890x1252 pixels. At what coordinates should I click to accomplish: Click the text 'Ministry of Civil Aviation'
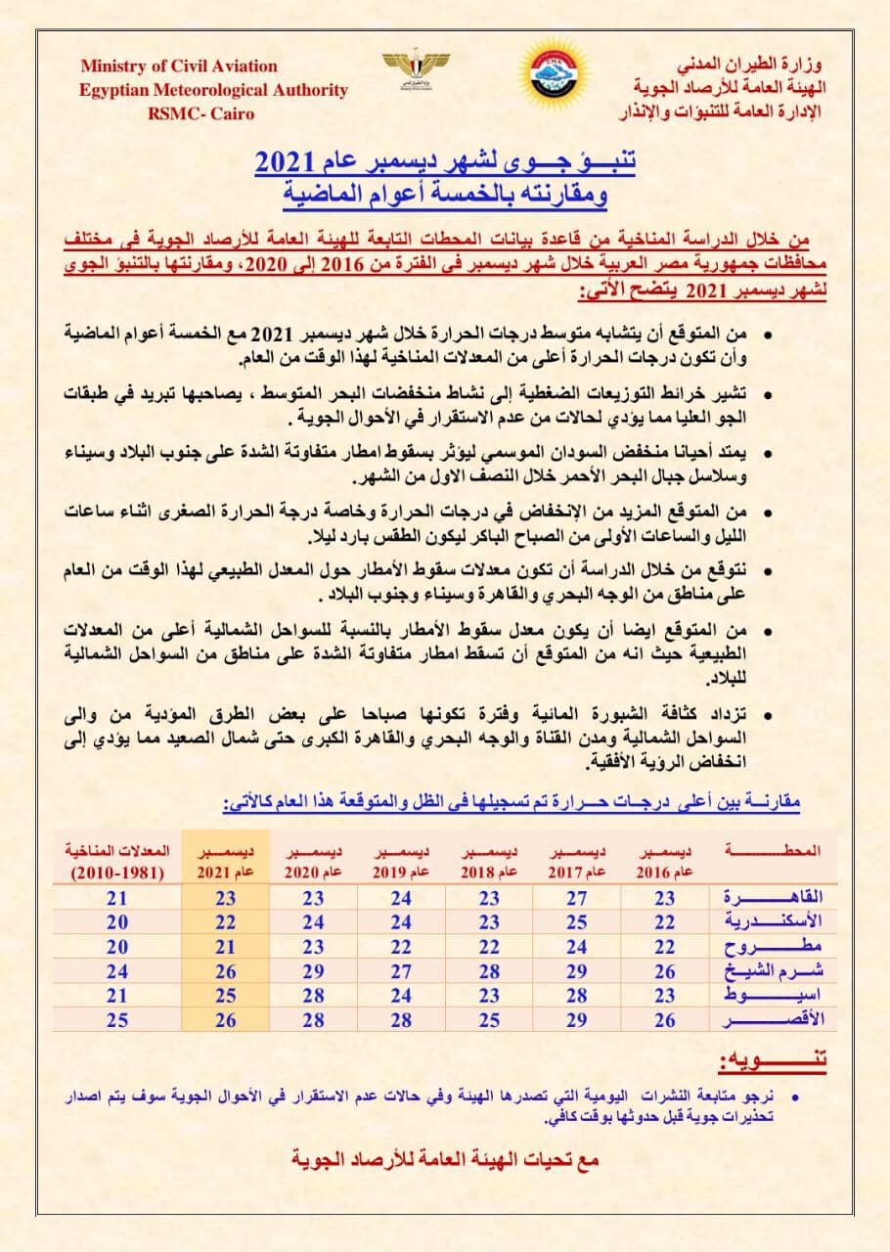(179, 67)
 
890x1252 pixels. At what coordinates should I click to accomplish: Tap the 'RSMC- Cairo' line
(200, 113)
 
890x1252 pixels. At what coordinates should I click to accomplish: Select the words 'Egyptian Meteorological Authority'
(214, 90)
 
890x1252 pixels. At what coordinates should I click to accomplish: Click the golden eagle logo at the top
(409, 68)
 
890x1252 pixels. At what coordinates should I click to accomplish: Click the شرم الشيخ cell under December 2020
(313, 971)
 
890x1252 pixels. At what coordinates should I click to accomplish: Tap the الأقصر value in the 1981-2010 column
(117, 1020)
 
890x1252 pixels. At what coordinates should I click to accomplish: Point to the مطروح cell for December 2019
(401, 947)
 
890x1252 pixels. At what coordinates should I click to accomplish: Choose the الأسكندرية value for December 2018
(490, 922)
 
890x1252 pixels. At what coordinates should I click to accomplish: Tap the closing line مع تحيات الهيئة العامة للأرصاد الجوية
(445, 1160)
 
